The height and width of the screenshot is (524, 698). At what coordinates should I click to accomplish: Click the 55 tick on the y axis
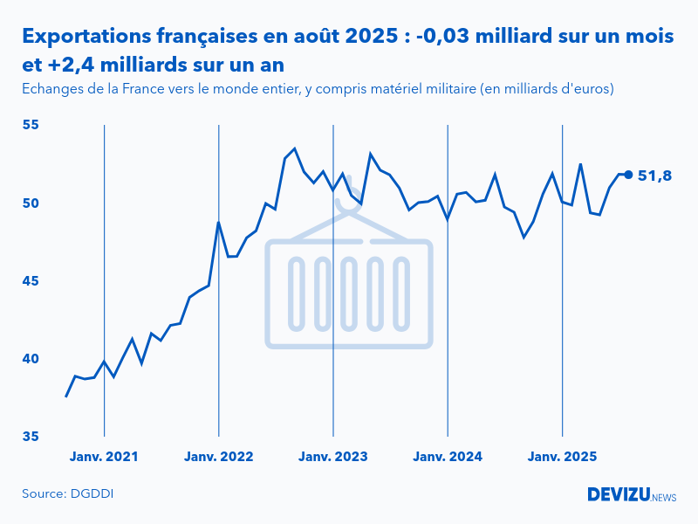point(31,126)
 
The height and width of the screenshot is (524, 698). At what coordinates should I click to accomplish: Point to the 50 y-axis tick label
point(31,203)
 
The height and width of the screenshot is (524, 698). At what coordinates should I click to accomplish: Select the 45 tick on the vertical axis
point(31,281)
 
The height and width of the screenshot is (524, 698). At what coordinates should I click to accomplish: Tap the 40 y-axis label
point(31,359)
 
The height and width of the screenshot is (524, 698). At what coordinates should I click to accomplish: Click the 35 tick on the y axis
point(31,437)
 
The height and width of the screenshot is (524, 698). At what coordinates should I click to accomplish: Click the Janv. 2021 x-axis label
point(104,457)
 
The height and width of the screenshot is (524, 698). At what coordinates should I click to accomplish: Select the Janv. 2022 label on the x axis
point(218,457)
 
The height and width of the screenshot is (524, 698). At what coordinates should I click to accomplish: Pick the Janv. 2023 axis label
point(333,457)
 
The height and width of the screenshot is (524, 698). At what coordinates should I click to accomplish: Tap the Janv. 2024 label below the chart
point(448,457)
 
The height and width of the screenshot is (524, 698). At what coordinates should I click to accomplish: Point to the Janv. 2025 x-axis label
point(563,457)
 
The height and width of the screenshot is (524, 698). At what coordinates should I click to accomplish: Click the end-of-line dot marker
point(628,175)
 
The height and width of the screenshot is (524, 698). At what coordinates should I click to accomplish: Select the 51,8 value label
point(655,176)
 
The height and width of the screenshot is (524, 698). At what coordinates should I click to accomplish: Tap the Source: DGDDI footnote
point(68,494)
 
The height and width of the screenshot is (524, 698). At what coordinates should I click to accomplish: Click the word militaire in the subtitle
point(436,89)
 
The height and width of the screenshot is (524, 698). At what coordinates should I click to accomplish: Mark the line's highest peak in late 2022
point(295,148)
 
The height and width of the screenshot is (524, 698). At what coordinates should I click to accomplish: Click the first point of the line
point(66,396)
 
